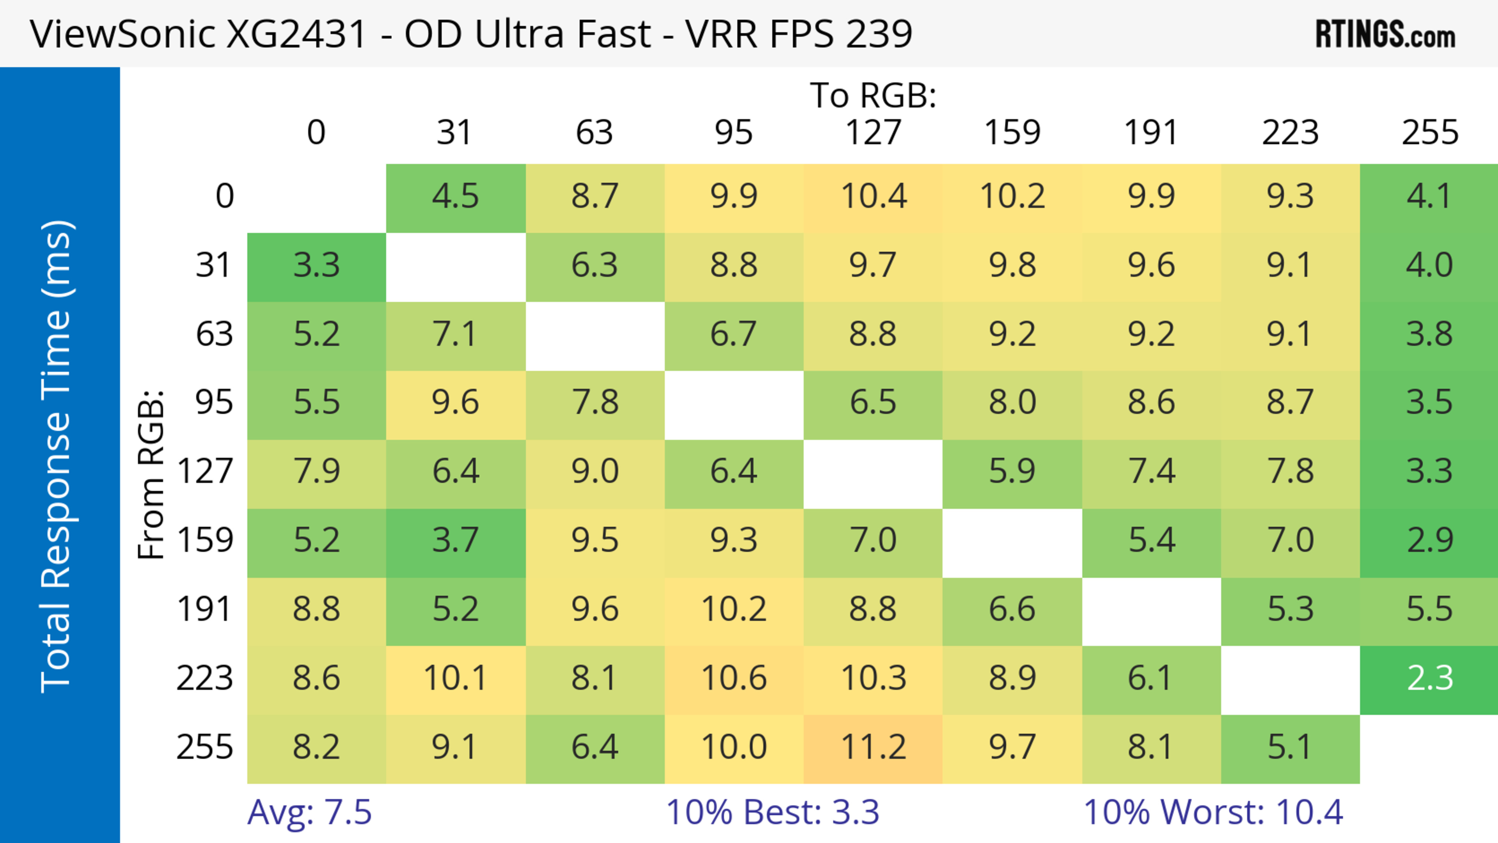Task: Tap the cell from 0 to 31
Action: coord(455,197)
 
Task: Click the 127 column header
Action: coord(873,133)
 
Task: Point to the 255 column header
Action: coord(1429,133)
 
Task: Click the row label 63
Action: coord(214,335)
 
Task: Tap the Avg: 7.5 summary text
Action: coord(309,812)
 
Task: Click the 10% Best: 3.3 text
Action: coord(772,812)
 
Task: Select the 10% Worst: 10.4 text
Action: coord(1213,812)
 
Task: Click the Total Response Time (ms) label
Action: coord(57,456)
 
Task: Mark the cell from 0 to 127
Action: coord(873,197)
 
